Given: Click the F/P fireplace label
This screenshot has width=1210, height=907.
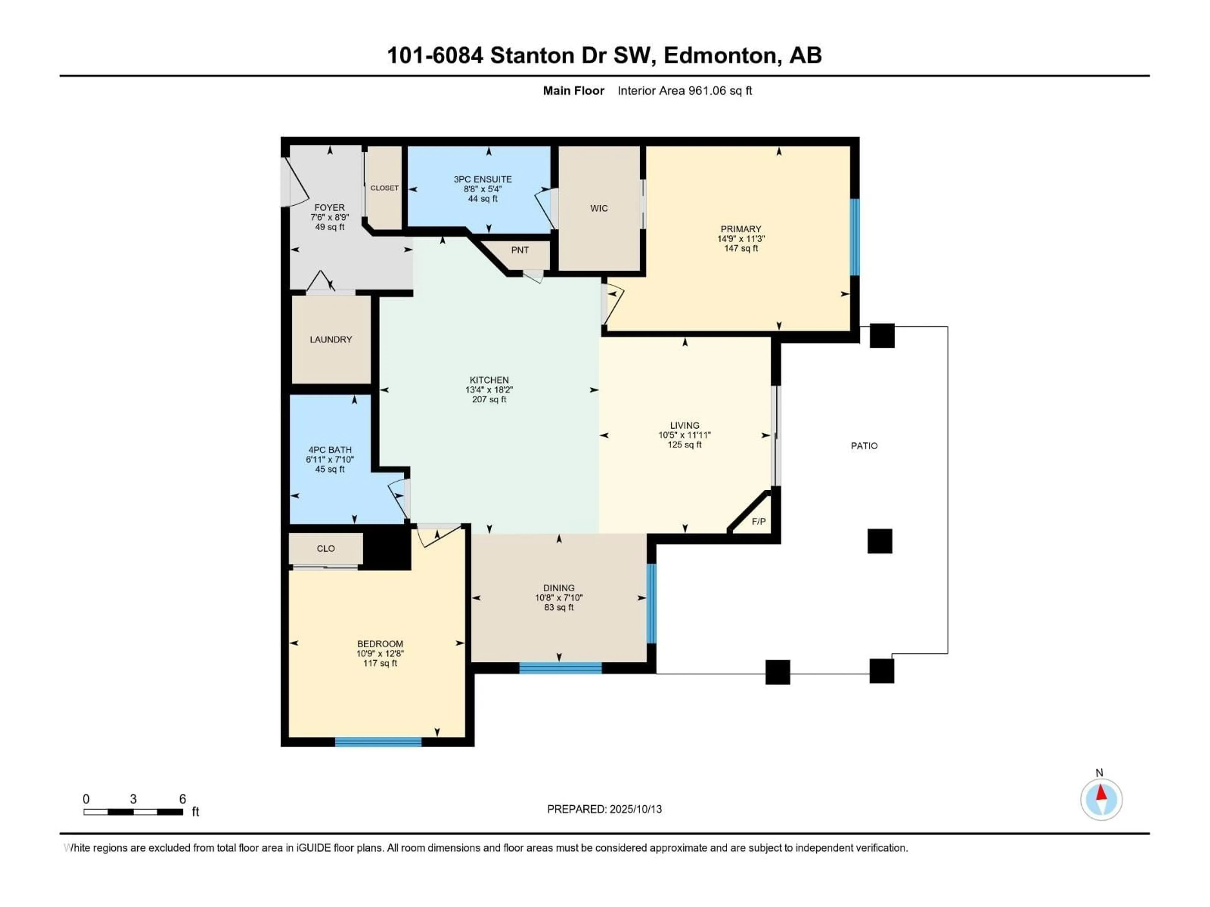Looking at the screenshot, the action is point(758,522).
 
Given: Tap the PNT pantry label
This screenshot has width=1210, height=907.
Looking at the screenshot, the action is point(520,250).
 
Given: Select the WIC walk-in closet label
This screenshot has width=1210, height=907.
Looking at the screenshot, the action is point(599,208).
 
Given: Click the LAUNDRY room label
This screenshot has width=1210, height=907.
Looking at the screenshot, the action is point(331,339).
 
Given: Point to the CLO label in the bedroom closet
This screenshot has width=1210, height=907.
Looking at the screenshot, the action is point(326,548).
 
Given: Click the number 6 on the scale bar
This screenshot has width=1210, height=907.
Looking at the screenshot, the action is point(183,799).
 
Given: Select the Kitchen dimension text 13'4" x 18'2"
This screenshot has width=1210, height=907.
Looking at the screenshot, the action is point(489,390).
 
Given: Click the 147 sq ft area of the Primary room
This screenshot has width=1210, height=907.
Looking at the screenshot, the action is point(741,248).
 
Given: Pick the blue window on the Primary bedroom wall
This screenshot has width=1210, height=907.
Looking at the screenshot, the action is point(855,237).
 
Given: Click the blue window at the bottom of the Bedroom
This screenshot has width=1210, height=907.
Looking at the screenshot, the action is point(378,742).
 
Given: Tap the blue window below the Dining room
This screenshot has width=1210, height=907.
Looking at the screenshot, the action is point(560,668).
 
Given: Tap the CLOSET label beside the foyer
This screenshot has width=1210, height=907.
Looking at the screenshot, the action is point(384,187).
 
